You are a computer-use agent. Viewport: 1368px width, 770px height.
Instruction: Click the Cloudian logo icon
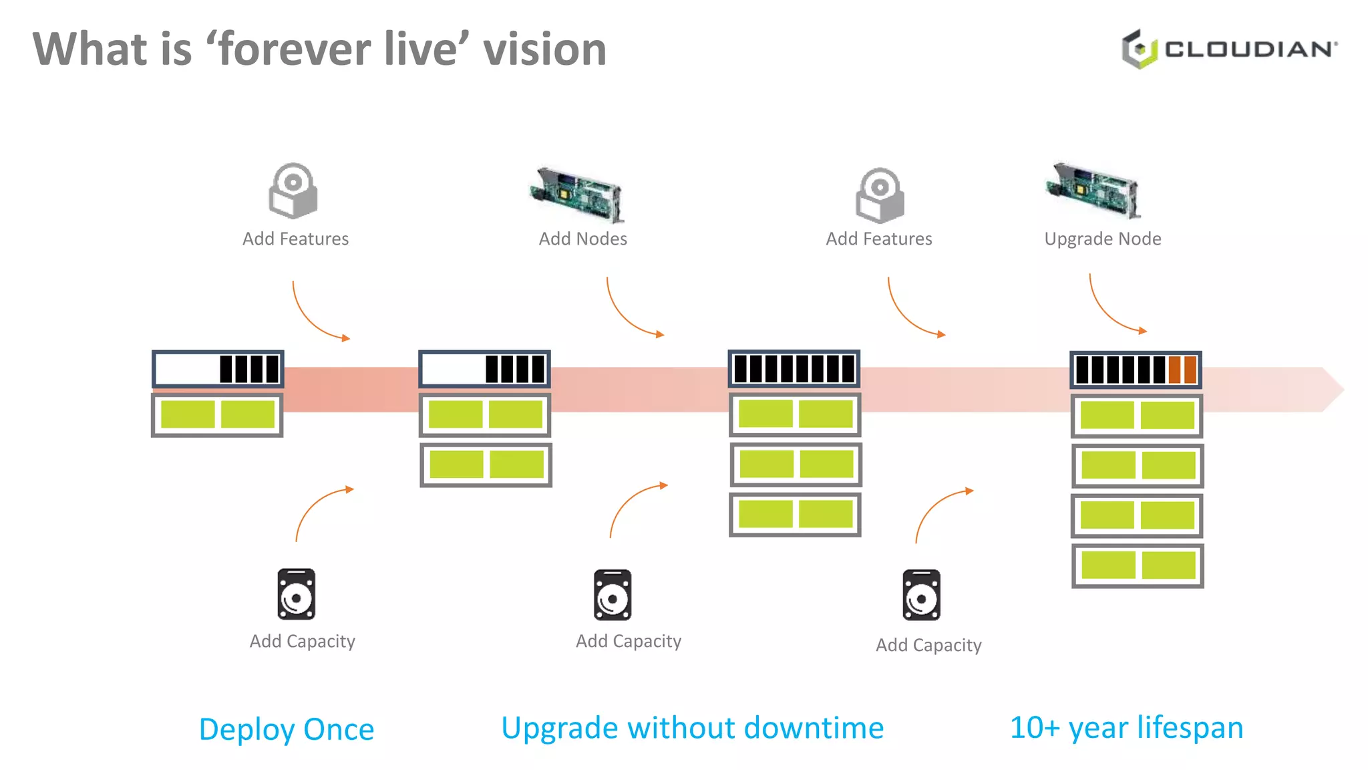pos(1139,49)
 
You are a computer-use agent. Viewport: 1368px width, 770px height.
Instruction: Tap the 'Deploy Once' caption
pos(286,729)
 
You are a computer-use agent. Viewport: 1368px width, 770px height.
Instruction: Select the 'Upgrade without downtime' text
pos(692,728)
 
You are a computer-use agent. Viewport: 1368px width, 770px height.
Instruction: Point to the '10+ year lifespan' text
pos(1126,728)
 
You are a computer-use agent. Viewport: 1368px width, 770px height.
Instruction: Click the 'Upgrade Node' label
pos(1102,239)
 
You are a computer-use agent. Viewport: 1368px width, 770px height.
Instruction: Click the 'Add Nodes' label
pos(582,239)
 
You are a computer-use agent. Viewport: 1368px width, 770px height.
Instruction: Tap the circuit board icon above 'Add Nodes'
pos(577,194)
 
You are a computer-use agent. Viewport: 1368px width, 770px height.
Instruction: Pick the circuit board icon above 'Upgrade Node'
pos(1093,190)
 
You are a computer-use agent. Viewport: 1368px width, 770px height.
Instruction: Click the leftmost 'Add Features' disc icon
pos(293,190)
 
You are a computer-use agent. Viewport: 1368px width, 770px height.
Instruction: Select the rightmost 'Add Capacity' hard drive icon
pos(921,595)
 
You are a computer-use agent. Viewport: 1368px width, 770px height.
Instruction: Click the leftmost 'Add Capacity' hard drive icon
pos(296,594)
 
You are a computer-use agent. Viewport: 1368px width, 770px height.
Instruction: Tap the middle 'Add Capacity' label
pos(628,642)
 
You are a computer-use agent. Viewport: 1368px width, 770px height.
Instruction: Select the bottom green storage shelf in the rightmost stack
pos(1138,565)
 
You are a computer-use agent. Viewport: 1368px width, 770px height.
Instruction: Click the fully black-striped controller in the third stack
pos(794,369)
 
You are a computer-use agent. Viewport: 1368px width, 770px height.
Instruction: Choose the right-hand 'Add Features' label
pos(878,239)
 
